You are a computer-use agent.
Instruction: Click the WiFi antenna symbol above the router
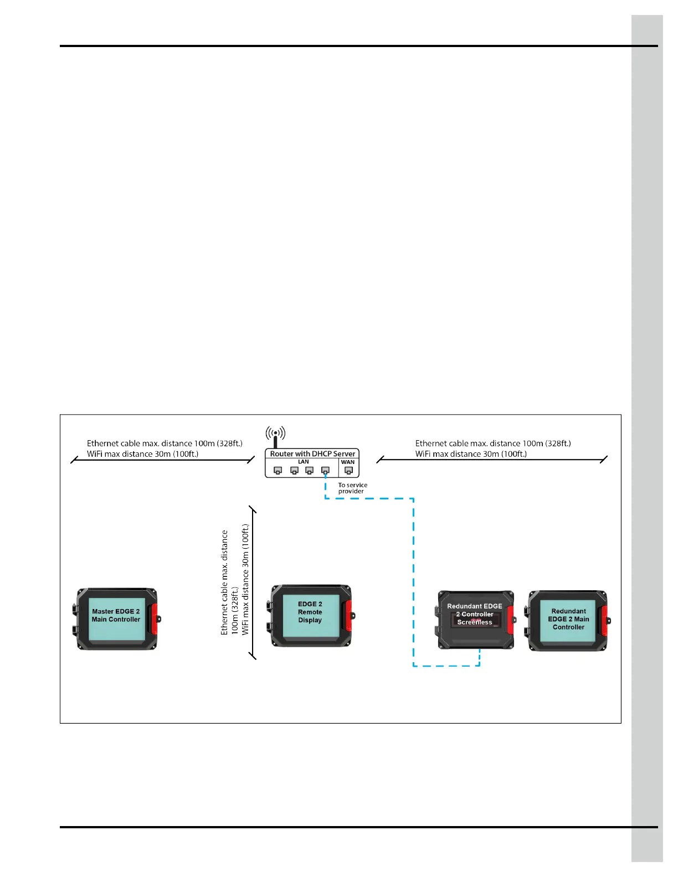275,433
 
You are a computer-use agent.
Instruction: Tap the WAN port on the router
348,471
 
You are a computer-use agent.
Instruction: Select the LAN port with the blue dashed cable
325,471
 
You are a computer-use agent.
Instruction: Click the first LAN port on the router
278,471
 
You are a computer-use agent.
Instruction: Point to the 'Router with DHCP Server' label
312,453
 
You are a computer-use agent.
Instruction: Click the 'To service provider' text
352,488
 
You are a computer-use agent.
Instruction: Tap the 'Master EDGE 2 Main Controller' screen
116,620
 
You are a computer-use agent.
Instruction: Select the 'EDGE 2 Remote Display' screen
310,615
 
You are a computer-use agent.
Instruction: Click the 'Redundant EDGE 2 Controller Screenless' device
475,619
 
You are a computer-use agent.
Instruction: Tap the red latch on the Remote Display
348,615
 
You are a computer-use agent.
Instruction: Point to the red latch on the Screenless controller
511,620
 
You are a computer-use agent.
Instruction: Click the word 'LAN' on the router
303,462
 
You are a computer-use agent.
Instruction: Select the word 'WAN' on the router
348,462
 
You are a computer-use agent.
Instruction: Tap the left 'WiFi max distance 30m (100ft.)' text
142,454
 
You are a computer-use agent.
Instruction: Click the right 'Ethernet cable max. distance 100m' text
493,443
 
